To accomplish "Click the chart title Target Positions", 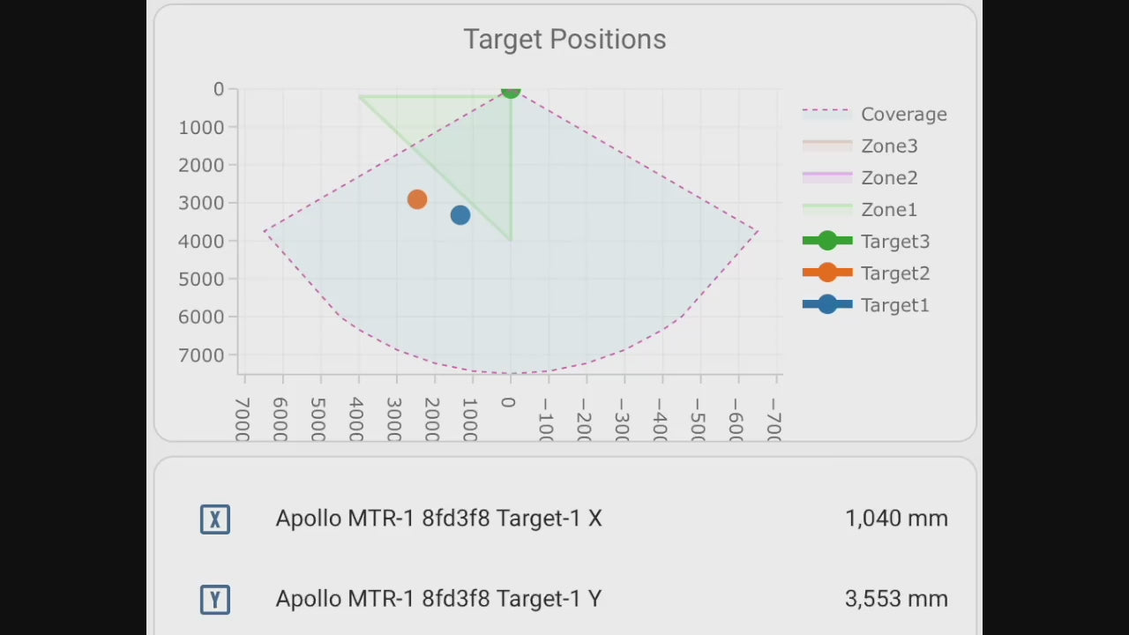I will pos(564,40).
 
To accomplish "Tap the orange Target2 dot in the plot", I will pos(417,200).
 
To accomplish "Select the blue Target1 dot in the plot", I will pos(460,214).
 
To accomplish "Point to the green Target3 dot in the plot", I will pos(511,90).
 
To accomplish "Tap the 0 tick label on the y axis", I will pos(219,89).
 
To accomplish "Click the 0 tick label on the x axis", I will pos(508,403).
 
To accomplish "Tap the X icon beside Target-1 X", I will pos(215,519).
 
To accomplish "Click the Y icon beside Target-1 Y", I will pos(215,600).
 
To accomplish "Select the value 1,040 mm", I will pos(896,519).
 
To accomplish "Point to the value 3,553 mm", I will pos(896,599).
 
